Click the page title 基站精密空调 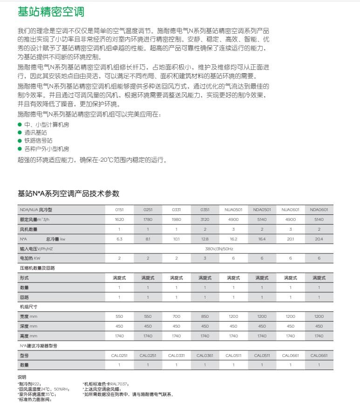tap(51, 12)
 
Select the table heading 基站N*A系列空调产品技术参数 tap(68, 193)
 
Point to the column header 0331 tap(177, 210)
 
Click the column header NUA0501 tap(233, 210)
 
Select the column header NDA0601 tap(319, 210)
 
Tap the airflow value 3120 tap(205, 219)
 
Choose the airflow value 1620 tap(119, 219)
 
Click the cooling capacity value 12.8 tap(205, 239)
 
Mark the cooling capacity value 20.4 tap(319, 239)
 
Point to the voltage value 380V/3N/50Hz tap(219, 248)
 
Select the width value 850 tap(205, 316)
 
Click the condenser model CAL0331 tap(177, 355)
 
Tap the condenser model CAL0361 tap(205, 355)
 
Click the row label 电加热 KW tap(30, 258)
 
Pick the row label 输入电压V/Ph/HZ tap(36, 248)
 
